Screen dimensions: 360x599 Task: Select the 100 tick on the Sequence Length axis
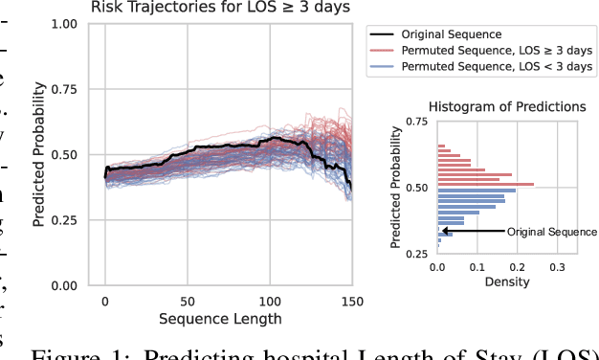(270, 301)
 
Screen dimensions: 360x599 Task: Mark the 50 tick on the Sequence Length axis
(188, 301)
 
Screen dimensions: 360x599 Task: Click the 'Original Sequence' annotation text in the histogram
(551, 232)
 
